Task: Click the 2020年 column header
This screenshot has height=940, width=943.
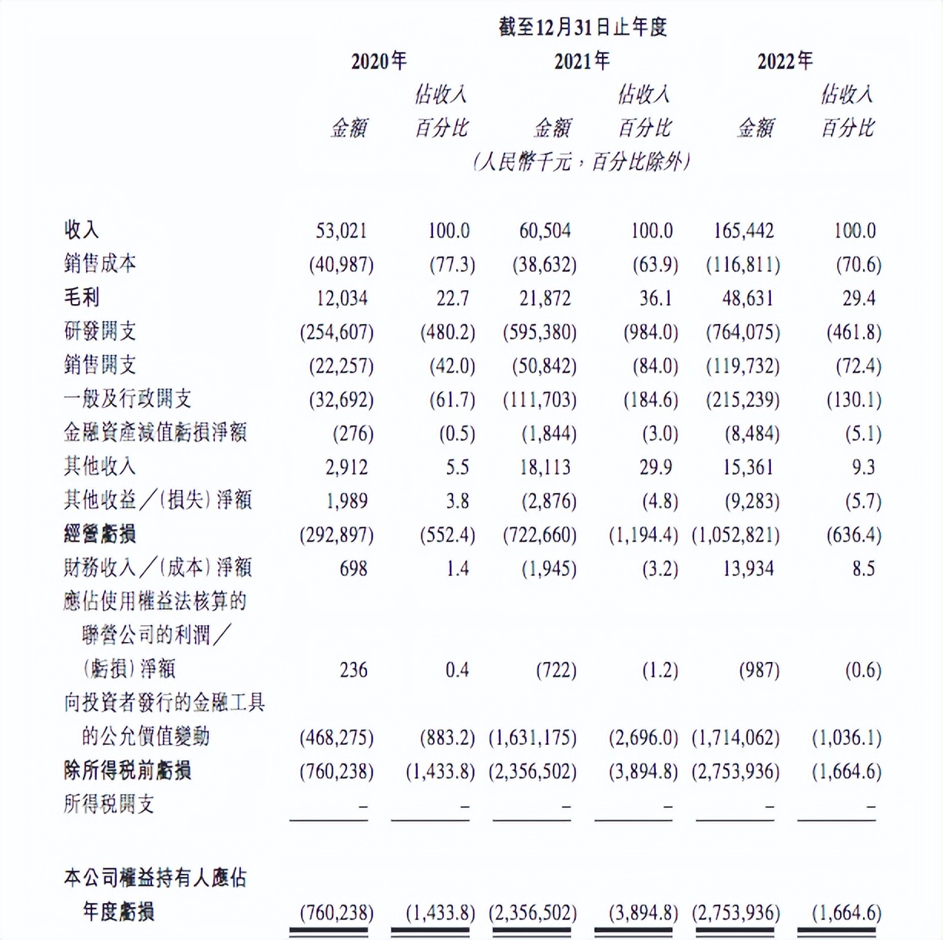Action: pyautogui.click(x=379, y=61)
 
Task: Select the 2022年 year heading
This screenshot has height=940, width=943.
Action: pyautogui.click(x=784, y=61)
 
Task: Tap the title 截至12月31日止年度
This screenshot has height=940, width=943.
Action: pyautogui.click(x=582, y=28)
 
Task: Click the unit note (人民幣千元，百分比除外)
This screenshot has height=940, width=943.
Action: pyautogui.click(x=581, y=162)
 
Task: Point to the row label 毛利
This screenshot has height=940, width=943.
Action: pyautogui.click(x=81, y=298)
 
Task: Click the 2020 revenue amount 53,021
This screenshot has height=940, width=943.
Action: pyautogui.click(x=342, y=230)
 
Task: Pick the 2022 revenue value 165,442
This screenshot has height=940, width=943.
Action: pyautogui.click(x=743, y=230)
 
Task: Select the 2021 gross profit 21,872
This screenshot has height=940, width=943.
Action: pyautogui.click(x=545, y=298)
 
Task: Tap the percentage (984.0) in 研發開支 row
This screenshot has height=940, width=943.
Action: pyautogui.click(x=650, y=332)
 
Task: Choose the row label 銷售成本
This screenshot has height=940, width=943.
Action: pyautogui.click(x=100, y=264)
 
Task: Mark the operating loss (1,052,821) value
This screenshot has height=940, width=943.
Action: pyautogui.click(x=736, y=535)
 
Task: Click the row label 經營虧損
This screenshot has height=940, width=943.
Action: pyautogui.click(x=100, y=535)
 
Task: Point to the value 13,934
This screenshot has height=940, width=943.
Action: pyautogui.click(x=748, y=568)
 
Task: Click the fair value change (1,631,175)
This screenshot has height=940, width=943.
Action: pyautogui.click(x=533, y=737)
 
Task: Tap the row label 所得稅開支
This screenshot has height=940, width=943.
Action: pyautogui.click(x=109, y=805)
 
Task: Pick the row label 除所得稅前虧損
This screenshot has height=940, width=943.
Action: pyautogui.click(x=127, y=771)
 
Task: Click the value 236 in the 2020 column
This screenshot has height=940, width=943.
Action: pyautogui.click(x=353, y=670)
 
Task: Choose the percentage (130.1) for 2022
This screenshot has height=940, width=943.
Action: pyautogui.click(x=854, y=399)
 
